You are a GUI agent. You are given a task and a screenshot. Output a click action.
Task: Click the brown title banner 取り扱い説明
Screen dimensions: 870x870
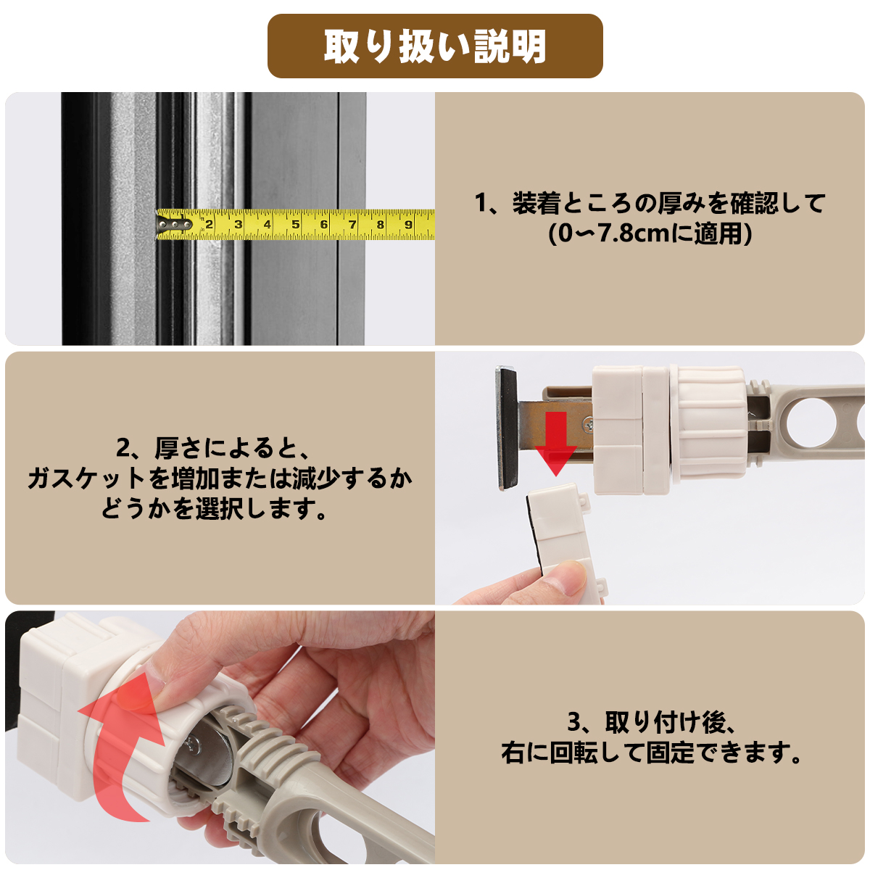[x=435, y=46]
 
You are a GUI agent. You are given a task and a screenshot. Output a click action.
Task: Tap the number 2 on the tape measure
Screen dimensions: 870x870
[x=209, y=224]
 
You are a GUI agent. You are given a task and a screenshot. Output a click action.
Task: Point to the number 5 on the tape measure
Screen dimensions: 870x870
[x=295, y=224]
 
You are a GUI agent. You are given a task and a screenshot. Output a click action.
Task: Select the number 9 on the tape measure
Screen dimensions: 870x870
[x=408, y=224]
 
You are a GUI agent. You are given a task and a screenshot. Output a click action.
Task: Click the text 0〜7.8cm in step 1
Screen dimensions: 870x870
[x=614, y=234]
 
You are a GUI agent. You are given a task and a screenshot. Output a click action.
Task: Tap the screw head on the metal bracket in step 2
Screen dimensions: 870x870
[x=588, y=423]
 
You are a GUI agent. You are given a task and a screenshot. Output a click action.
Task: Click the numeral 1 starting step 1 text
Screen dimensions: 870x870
[x=481, y=203]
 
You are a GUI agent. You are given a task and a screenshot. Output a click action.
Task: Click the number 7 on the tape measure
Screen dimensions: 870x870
[x=352, y=224]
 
